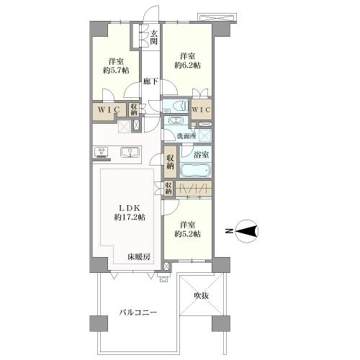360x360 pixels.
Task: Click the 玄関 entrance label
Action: pyautogui.click(x=153, y=37)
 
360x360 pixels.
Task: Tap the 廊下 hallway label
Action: pyautogui.click(x=150, y=81)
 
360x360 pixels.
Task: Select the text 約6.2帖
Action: pyautogui.click(x=187, y=66)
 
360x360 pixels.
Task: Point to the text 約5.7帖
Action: pyautogui.click(x=116, y=71)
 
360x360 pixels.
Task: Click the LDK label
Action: pyautogui.click(x=130, y=207)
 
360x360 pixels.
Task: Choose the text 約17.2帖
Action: pyautogui.click(x=130, y=217)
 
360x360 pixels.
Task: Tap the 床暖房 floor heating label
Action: pyautogui.click(x=139, y=257)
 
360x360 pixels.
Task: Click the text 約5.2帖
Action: pyautogui.click(x=187, y=234)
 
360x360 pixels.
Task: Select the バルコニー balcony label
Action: pyautogui.click(x=138, y=312)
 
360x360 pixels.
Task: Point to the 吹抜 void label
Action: pyautogui.click(x=201, y=296)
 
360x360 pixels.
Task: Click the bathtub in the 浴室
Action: pyautogui.click(x=195, y=171)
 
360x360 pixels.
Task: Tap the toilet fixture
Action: pyautogui.click(x=179, y=106)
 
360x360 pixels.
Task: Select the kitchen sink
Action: pyautogui.click(x=130, y=152)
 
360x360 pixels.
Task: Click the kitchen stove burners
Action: pyautogui.click(x=102, y=152)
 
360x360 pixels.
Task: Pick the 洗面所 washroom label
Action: pyautogui.click(x=186, y=136)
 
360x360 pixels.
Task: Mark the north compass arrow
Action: pyautogui.click(x=247, y=231)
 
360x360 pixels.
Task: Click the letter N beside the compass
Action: pyautogui.click(x=230, y=231)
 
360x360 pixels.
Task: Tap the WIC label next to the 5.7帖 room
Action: pyautogui.click(x=109, y=110)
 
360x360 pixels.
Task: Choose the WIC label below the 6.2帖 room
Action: pyautogui.click(x=202, y=110)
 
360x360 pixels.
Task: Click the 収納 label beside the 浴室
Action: pyautogui.click(x=170, y=162)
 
